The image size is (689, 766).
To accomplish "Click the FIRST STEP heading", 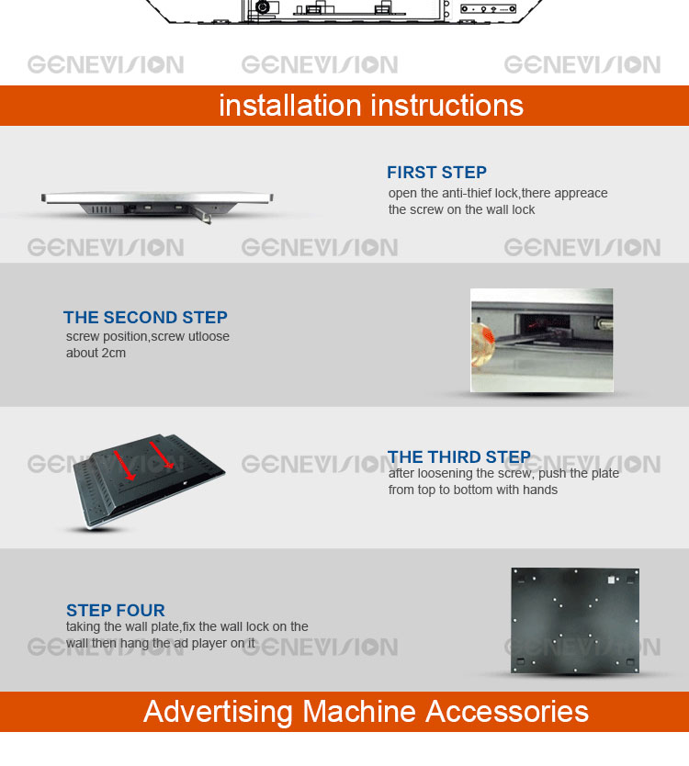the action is [x=436, y=173].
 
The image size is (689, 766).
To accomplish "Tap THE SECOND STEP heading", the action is [x=145, y=318].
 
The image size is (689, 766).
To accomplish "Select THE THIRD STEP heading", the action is [x=458, y=456].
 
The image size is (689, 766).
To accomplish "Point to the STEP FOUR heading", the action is [x=116, y=610].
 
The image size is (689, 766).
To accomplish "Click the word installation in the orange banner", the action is [x=289, y=105].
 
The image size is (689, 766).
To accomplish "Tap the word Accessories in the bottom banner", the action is [x=507, y=711].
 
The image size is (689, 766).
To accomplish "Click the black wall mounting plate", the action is [x=575, y=620].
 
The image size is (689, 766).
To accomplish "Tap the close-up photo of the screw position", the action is [x=541, y=340].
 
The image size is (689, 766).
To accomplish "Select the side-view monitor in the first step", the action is [x=157, y=203].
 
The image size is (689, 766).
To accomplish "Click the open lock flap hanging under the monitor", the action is [x=201, y=215].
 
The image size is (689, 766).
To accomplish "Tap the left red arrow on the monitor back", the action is [x=124, y=465].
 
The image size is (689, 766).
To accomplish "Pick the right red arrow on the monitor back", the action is [x=162, y=456].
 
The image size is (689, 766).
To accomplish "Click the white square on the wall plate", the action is [x=611, y=580].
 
